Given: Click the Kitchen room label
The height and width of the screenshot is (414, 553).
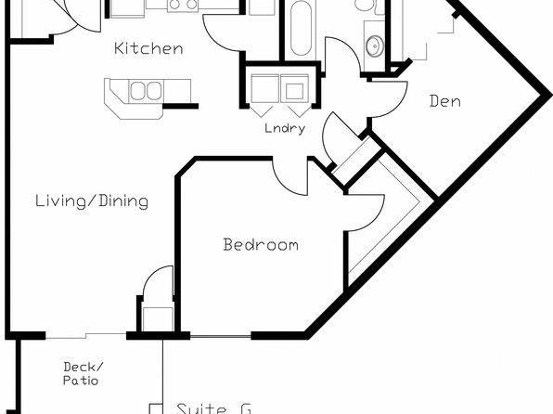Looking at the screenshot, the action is (148, 48).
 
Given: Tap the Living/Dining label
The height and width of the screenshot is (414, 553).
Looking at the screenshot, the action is (92, 201).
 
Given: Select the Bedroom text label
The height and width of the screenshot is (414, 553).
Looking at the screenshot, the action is (261, 244).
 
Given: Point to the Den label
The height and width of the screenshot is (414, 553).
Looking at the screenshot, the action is (445, 101).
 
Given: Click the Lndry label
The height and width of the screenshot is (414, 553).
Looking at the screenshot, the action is (285, 128).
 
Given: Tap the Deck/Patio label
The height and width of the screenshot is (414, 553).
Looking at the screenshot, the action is (84, 374).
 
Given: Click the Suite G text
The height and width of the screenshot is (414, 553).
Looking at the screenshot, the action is (213, 408).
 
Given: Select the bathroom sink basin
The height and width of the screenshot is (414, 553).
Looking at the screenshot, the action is (374, 45).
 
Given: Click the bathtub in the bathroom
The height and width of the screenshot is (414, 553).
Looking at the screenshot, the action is (301, 28).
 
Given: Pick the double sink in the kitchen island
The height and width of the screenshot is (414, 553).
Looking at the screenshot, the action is (146, 90).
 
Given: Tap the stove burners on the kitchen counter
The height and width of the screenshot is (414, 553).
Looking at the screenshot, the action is (183, 5).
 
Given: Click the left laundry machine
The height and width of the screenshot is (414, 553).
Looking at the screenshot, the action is (264, 88).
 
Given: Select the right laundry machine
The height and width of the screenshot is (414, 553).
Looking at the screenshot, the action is (294, 88).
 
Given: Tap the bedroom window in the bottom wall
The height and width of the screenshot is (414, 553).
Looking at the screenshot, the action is (221, 336).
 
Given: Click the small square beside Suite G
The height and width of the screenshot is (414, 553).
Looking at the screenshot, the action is (156, 408).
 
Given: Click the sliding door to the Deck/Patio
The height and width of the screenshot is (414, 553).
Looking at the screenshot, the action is (85, 336).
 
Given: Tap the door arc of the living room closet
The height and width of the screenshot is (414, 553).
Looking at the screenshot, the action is (152, 275).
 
